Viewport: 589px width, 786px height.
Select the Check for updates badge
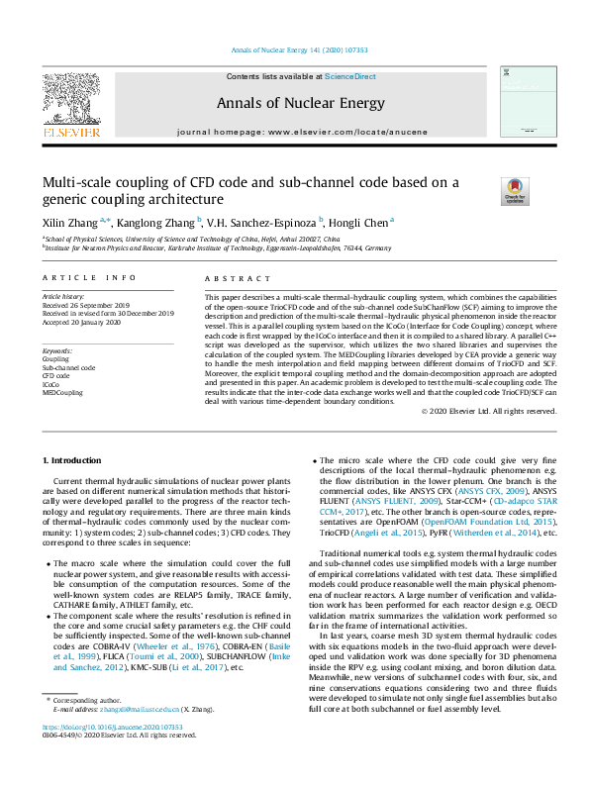pyautogui.click(x=514, y=188)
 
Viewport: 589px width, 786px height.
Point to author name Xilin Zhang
pyautogui.click(x=67, y=223)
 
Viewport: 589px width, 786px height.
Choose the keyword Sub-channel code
pyautogui.click(x=68, y=367)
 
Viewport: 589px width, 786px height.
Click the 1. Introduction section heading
pyautogui.click(x=75, y=461)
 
